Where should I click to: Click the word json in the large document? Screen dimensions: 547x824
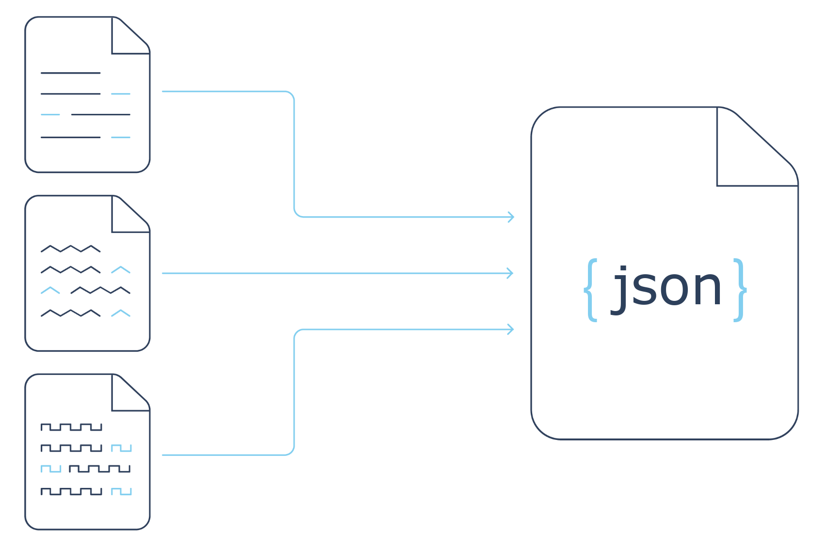pos(667,288)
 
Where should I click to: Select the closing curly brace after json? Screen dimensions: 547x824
pos(740,289)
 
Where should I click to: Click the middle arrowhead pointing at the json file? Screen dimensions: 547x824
pos(510,273)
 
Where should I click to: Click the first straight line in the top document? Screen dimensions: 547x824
pos(71,73)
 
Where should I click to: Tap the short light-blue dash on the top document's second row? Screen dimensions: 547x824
pos(121,94)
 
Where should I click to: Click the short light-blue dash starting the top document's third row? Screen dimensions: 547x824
pos(50,115)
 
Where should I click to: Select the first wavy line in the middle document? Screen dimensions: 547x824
pos(71,249)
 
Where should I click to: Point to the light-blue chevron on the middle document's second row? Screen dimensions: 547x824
pos(121,270)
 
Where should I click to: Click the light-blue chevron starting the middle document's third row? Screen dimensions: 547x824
pos(50,290)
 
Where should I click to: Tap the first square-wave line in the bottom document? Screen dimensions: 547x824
pos(71,427)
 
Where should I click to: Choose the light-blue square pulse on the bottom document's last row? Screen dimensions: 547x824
pos(121,492)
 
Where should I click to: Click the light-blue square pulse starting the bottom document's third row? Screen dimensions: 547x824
pos(51,469)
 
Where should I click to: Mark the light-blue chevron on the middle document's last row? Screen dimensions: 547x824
pos(121,313)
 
